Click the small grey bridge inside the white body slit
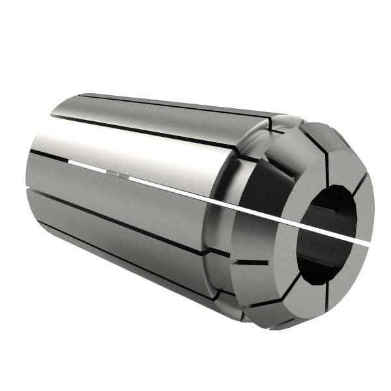tap(113, 174)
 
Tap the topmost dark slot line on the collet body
tap(169, 104)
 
